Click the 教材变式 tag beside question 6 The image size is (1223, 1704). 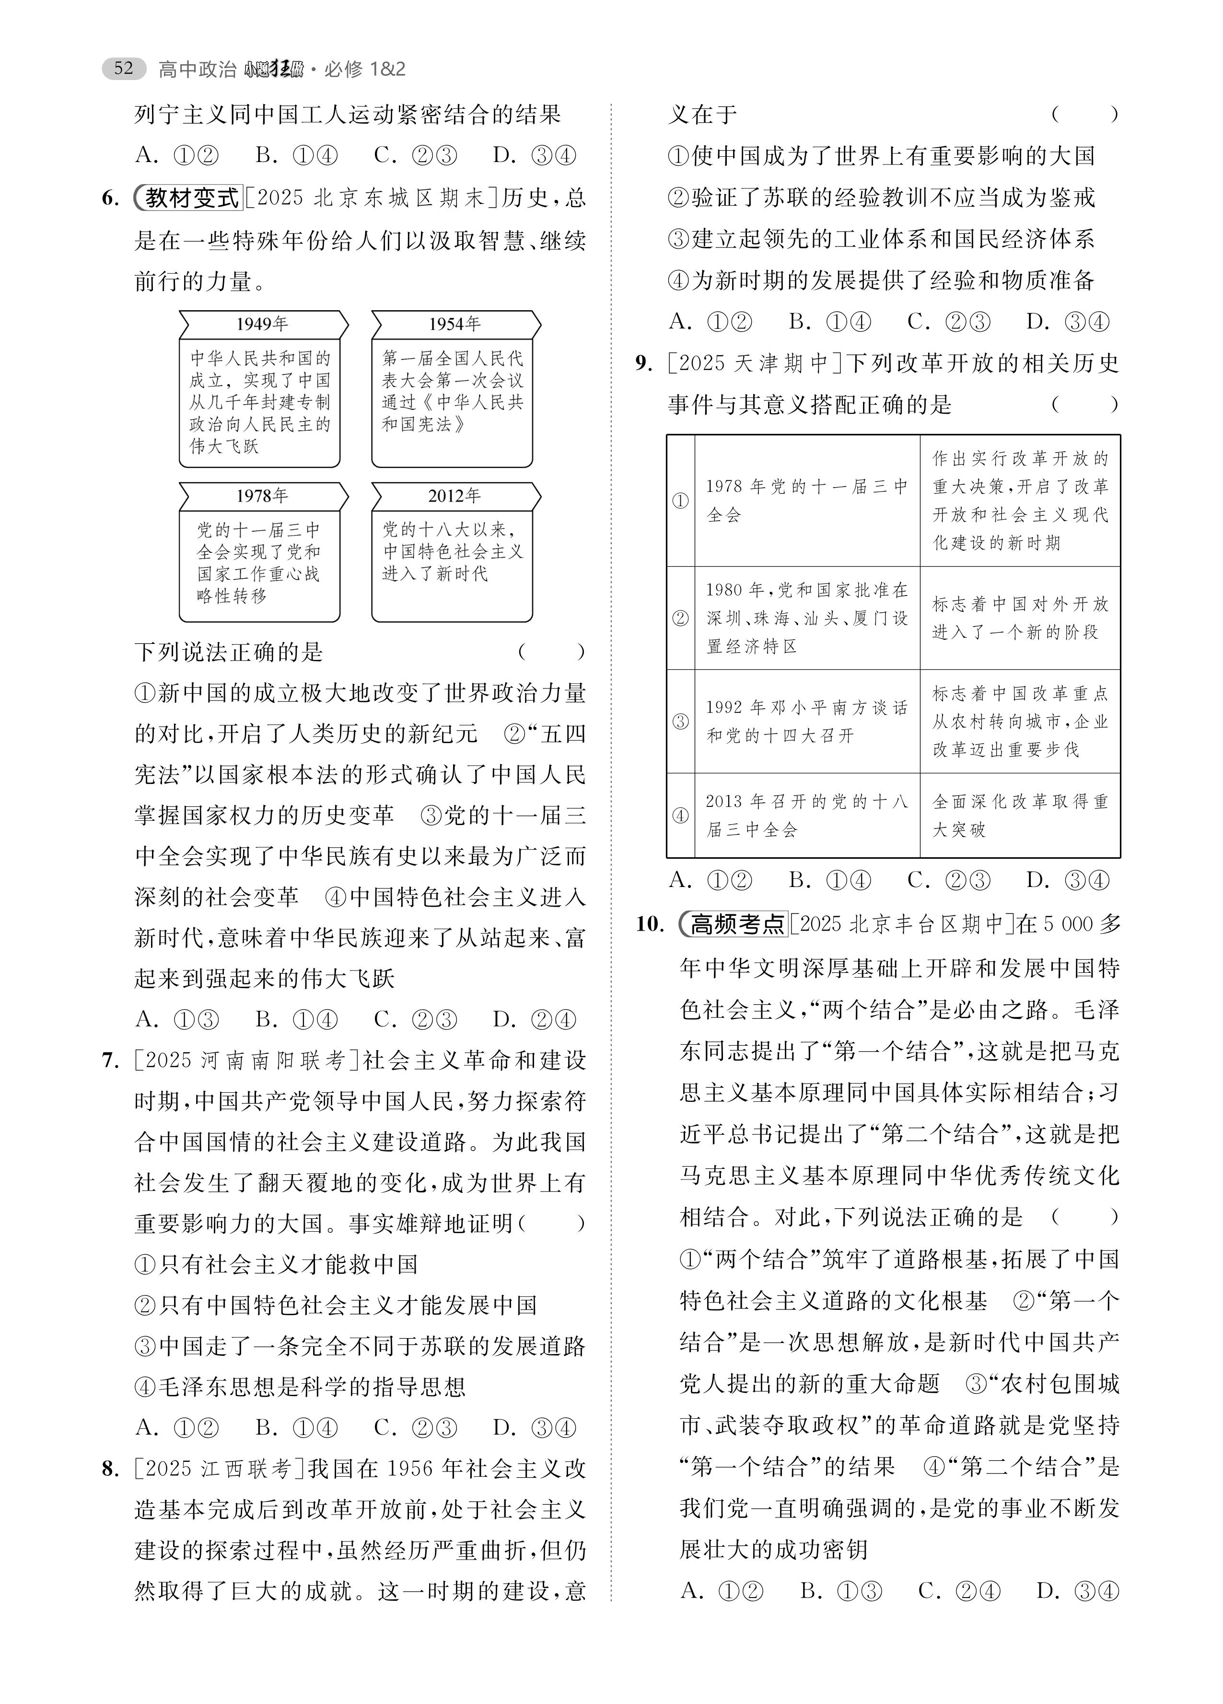point(189,198)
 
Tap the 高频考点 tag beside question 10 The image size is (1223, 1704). point(734,924)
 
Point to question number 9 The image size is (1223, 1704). point(644,363)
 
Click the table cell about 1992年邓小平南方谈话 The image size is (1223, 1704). point(807,721)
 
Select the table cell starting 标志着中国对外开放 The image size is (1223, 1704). point(1019,619)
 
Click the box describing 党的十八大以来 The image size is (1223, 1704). point(452,565)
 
